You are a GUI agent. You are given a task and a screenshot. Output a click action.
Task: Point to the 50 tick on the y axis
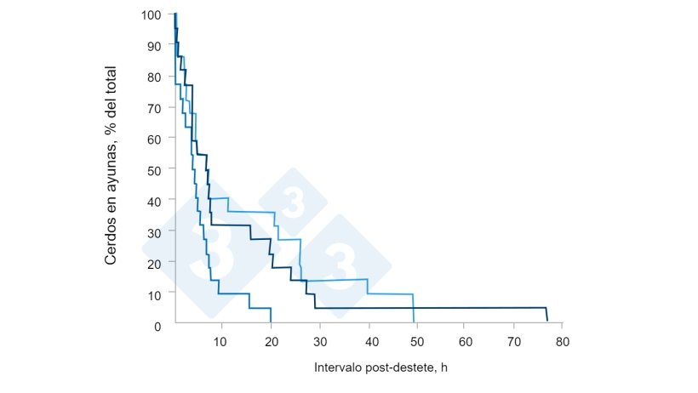pos(155,169)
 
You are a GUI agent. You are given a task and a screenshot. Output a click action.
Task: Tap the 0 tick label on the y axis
pos(158,325)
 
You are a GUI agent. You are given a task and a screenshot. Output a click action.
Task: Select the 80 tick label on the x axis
pos(562,341)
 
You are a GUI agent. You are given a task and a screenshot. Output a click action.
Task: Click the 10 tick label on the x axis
pos(221,341)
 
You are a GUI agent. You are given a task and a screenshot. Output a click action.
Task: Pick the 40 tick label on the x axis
pos(368,341)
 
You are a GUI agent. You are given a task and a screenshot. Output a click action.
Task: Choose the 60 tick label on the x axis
pos(465,341)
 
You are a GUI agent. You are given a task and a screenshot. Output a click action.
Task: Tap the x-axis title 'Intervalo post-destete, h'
pos(380,367)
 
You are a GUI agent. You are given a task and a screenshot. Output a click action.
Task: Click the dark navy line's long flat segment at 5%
pos(426,308)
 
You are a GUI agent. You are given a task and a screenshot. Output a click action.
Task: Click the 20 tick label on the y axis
pos(155,263)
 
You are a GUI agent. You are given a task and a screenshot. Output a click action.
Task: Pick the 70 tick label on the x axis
pos(513,341)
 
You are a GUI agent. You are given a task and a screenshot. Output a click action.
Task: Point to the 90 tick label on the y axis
pos(155,45)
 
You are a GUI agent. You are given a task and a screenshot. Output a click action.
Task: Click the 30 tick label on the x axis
pos(319,341)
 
